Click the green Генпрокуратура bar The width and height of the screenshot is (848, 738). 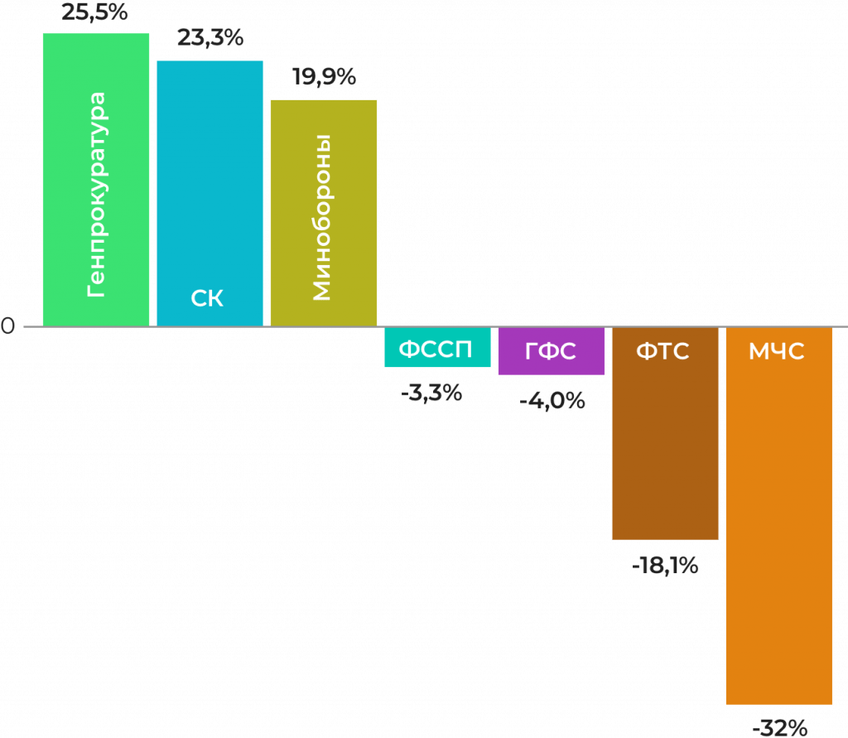tap(96, 180)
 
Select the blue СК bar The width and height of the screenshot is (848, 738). tap(210, 193)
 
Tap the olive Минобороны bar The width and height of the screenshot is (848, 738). tap(324, 213)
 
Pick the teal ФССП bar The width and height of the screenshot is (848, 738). tap(437, 347)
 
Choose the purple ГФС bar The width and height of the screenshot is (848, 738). tap(551, 350)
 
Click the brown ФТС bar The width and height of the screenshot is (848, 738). tap(665, 433)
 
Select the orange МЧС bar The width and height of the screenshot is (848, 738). tap(778, 516)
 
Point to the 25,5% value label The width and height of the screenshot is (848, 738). tap(94, 12)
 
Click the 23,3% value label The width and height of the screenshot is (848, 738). tap(210, 38)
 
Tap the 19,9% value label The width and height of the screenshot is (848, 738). tap(325, 77)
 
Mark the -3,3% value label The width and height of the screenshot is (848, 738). tap(431, 393)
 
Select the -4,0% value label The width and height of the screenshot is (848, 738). tap(552, 401)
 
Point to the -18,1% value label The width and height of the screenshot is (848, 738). tap(665, 566)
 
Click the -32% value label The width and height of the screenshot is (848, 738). tap(780, 728)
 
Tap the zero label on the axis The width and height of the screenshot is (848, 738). tap(7, 326)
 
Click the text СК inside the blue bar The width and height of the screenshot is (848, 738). tap(207, 298)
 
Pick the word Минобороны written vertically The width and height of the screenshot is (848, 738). tap(322, 218)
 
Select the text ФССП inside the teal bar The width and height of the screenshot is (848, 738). tap(436, 350)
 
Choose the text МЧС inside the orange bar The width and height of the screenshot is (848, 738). tap(777, 351)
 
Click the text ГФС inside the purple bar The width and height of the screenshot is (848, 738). tap(551, 351)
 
